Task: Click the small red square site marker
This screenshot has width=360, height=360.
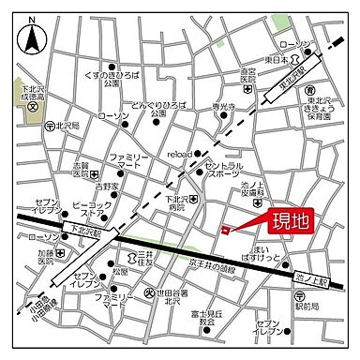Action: pos(224,230)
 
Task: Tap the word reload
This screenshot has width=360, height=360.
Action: pos(179,154)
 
